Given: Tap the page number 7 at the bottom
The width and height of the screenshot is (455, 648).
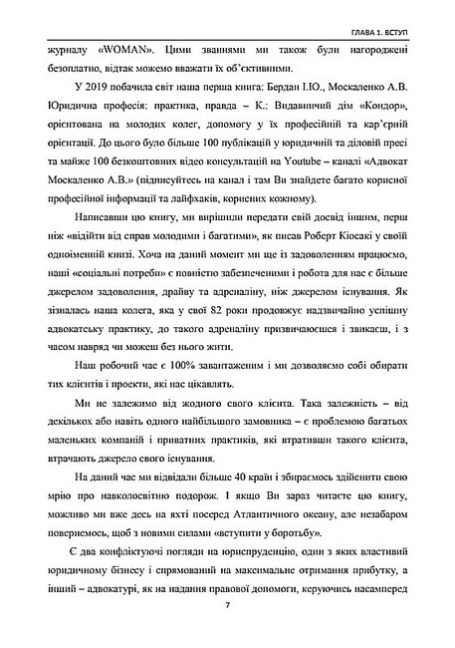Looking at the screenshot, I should click(227, 605).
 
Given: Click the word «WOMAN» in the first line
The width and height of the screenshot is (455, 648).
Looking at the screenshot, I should click(102, 45).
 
